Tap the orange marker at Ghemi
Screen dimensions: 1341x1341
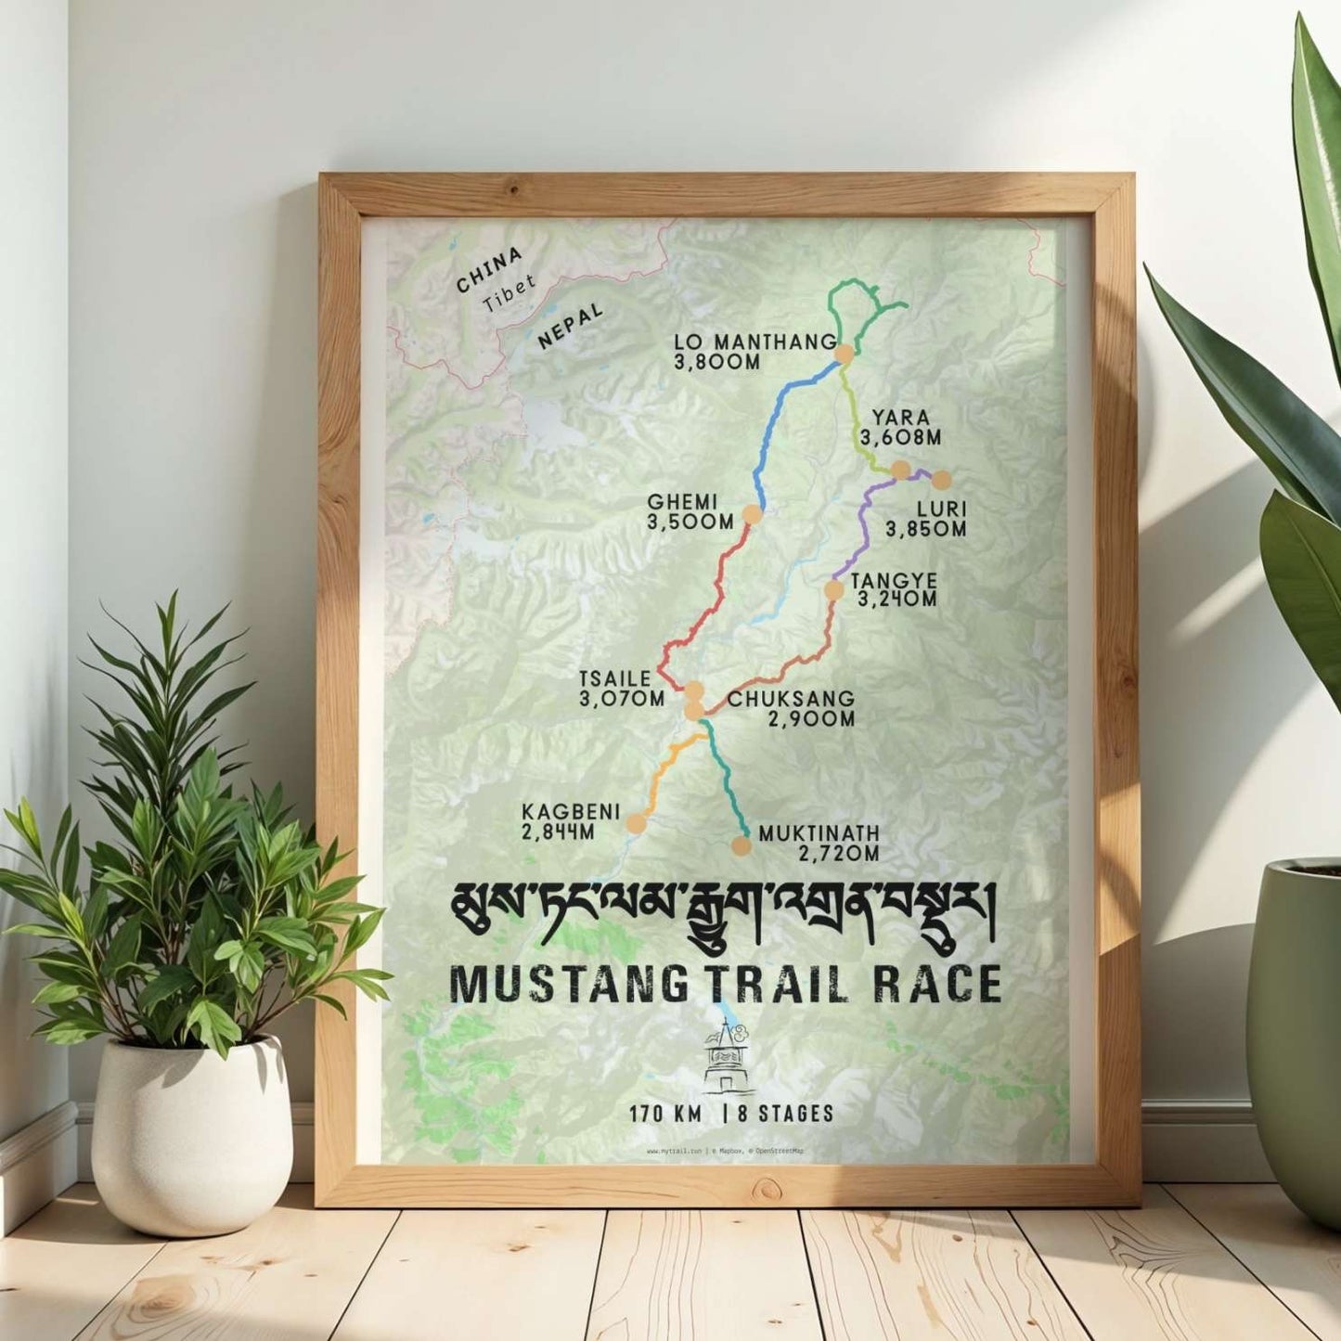753,514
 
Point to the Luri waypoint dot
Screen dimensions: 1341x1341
941,480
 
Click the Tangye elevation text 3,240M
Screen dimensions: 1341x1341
897,600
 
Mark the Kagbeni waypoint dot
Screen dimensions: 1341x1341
637,822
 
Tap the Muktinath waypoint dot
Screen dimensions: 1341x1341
741,845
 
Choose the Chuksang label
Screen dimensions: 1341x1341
791,699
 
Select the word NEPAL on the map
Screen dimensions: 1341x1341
570,326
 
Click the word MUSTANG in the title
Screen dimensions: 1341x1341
567,985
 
